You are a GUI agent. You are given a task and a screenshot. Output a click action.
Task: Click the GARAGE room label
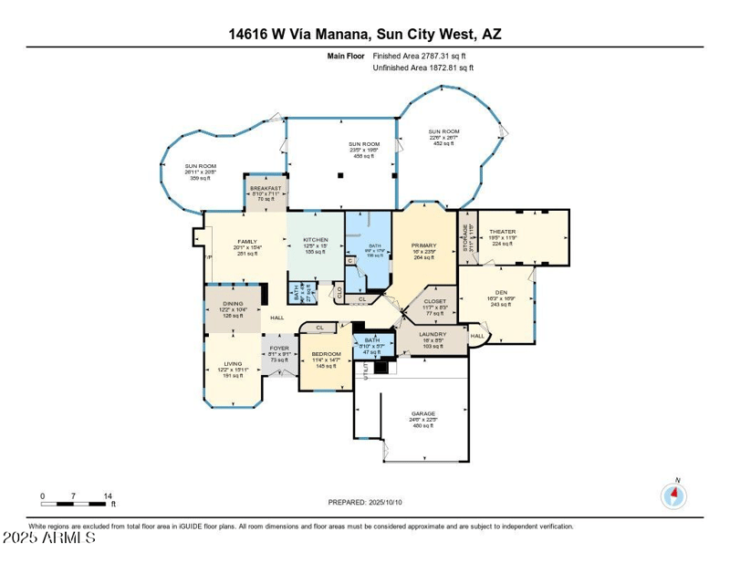coord(422,414)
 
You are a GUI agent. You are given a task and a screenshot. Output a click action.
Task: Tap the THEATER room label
coord(502,232)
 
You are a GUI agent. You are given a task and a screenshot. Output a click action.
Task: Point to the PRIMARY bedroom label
coord(423,245)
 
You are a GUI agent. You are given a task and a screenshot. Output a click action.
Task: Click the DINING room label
coord(233,304)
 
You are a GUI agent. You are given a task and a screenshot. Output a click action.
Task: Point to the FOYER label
coord(279,348)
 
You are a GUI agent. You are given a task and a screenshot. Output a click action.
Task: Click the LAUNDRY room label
coord(433,334)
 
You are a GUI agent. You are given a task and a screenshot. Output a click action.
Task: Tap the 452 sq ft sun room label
coord(445,131)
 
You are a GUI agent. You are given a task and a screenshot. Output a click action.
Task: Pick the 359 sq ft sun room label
coord(174,166)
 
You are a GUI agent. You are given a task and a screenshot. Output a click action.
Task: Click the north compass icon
coord(673,496)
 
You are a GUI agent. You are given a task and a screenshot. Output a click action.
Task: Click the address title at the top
coord(365,34)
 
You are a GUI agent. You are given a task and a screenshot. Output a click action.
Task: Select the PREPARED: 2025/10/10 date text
coord(364,503)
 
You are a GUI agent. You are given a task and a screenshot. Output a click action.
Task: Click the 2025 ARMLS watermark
coord(49,538)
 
